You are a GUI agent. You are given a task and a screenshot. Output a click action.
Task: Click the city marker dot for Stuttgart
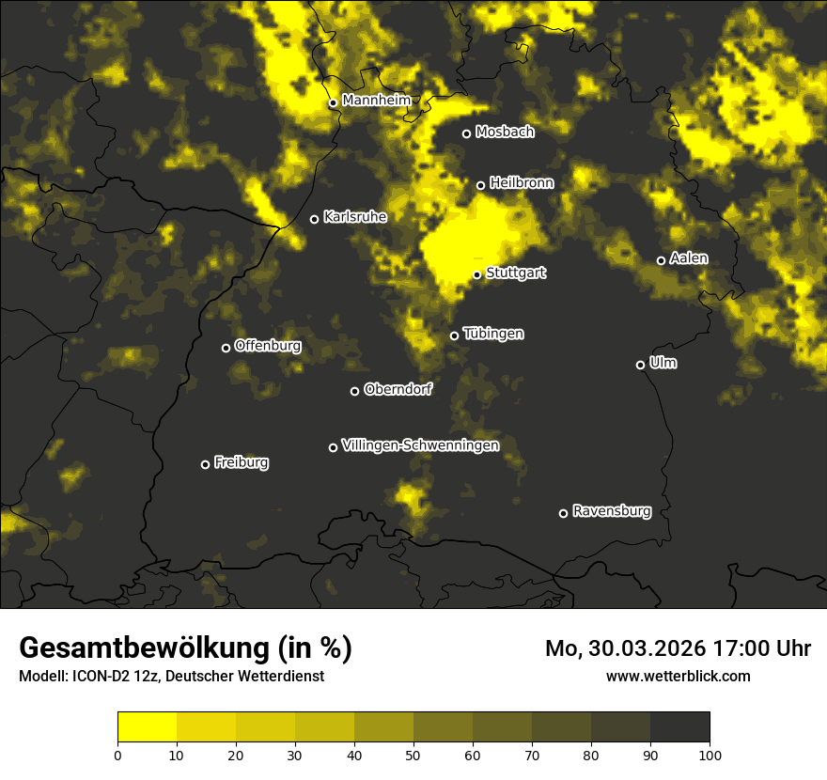477,274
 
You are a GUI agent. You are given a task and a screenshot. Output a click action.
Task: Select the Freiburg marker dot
205,464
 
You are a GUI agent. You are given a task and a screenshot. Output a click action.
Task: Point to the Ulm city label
663,363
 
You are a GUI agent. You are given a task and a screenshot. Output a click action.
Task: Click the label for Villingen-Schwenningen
420,445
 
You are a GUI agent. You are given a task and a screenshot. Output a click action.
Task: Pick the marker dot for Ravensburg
564,513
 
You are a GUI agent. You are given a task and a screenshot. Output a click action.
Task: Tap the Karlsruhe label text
355,217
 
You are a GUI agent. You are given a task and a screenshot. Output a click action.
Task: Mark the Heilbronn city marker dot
480,185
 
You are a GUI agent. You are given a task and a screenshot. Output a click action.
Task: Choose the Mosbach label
505,133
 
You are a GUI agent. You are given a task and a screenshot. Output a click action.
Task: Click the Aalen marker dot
661,260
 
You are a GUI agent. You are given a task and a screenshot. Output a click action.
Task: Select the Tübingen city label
493,334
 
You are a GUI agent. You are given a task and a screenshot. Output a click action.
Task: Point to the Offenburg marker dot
226,348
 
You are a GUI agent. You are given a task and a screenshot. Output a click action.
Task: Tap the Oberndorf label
398,389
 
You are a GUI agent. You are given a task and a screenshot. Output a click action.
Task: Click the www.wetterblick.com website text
678,676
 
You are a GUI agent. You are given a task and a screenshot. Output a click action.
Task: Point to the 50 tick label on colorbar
413,754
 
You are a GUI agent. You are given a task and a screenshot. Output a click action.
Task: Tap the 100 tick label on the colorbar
710,754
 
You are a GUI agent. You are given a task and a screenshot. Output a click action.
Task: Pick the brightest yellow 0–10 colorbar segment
147,727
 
